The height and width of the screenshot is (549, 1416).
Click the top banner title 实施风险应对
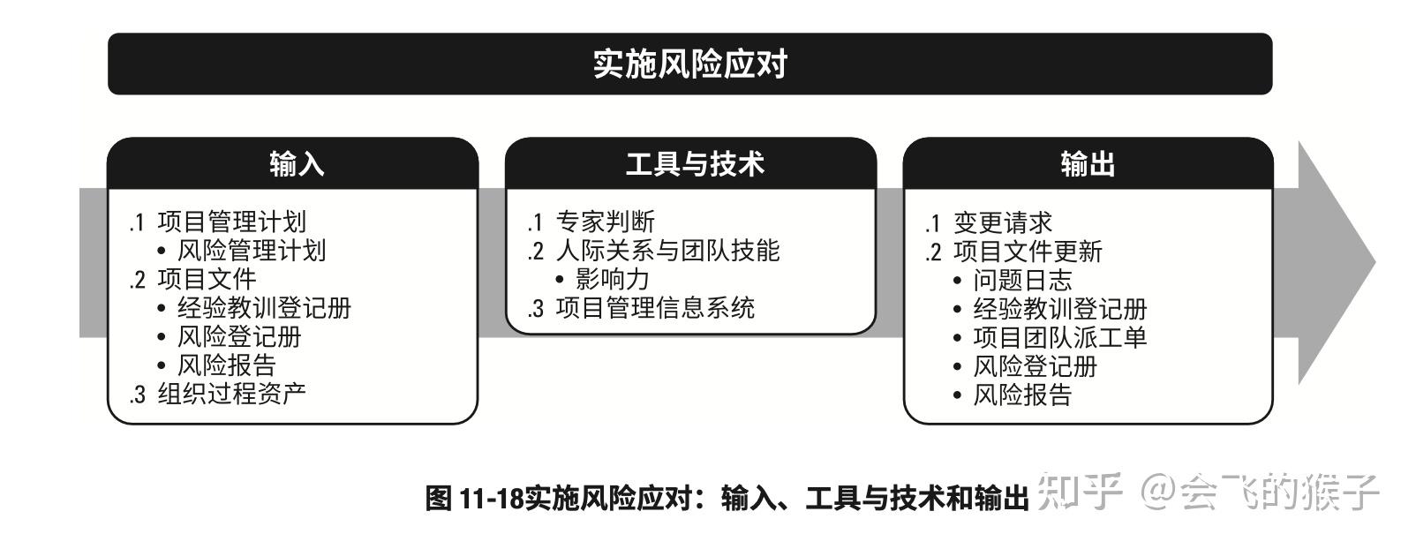689,64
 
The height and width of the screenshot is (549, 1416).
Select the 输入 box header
297,164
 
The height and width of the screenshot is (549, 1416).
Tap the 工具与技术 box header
695,164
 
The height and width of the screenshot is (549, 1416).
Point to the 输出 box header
1088,164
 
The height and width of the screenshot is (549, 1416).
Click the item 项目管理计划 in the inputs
231,222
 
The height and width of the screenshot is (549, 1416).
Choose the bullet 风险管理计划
252,251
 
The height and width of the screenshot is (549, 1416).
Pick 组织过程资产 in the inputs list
231,394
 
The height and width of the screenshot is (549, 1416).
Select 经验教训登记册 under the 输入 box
264,308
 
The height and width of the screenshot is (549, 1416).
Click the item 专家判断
605,222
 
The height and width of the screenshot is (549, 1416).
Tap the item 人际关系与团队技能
667,251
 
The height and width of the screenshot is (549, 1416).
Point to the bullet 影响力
612,280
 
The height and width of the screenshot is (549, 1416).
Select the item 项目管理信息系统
655,308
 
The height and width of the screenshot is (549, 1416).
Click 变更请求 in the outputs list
1003,222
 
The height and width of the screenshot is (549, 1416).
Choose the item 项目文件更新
1028,252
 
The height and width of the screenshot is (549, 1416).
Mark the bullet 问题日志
1022,281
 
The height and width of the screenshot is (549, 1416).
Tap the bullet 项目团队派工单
1059,337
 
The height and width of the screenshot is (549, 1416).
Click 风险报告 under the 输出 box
1022,395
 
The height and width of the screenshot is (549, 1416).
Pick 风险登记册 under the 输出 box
1035,366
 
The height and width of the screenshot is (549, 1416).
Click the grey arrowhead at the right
1333,262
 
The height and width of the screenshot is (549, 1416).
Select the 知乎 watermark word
1079,491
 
